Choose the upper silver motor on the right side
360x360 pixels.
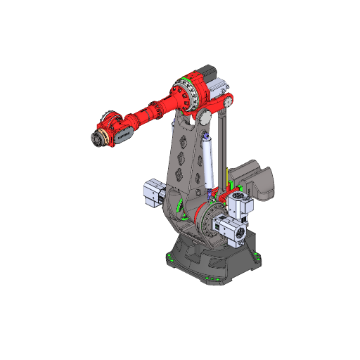click(x=240, y=206)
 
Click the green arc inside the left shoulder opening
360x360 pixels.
click(x=181, y=210)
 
